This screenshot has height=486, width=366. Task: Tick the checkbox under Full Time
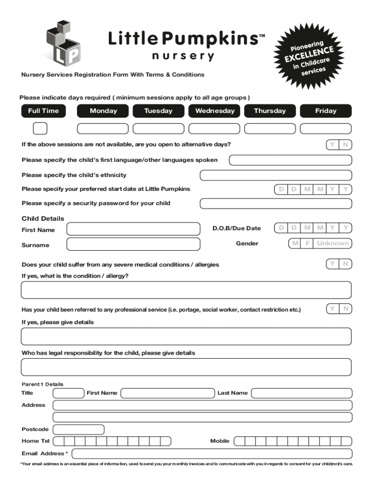coord(40,128)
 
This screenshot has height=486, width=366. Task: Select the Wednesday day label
coord(215,111)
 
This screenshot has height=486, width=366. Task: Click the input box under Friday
coord(326,128)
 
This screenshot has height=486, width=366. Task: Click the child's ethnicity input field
coord(276,175)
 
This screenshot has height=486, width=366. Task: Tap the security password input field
coord(276,204)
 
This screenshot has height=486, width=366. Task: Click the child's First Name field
coord(134,229)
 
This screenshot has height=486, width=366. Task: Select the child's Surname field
coord(134,244)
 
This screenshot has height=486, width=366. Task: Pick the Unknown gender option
coord(332,243)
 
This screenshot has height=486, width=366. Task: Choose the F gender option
coord(308,243)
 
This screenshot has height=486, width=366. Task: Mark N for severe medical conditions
coord(346,263)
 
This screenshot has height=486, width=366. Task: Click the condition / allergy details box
coord(186,290)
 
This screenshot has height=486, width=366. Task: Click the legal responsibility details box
coord(186,367)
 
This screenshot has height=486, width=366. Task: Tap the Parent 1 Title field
coord(68,393)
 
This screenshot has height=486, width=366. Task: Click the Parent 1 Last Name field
coord(301,393)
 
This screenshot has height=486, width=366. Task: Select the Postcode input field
coord(78,430)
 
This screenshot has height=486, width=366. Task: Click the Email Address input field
coord(212,453)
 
